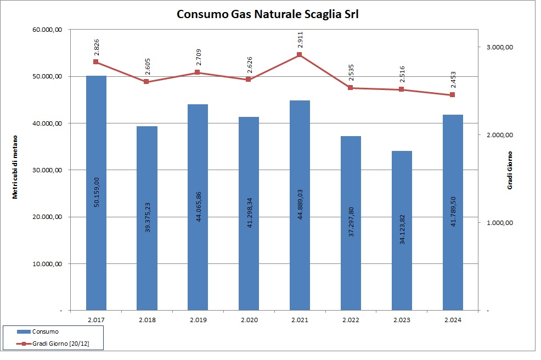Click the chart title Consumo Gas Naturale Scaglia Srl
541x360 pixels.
[x=267, y=14]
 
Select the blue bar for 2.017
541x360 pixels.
[x=96, y=192]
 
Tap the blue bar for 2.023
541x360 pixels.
[x=402, y=230]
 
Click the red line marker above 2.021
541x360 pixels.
[x=300, y=55]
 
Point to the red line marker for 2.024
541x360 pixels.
[x=452, y=95]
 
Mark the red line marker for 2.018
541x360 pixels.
[x=146, y=82]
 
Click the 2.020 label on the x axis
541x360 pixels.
[x=249, y=320]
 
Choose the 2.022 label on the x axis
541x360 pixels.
[x=351, y=320]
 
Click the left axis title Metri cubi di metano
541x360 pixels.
[x=16, y=166]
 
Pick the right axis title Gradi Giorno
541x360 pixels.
[x=510, y=171]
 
